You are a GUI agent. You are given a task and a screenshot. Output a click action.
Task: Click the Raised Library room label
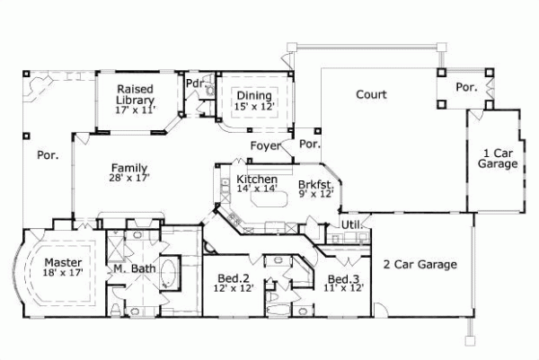[x=136, y=93]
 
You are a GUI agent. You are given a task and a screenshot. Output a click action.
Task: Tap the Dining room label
[x=254, y=95]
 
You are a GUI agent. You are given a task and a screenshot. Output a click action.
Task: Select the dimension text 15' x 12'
[x=254, y=106]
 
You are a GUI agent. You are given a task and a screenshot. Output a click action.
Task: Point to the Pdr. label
[x=194, y=83]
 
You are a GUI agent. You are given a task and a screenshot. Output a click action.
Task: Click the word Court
[x=371, y=94]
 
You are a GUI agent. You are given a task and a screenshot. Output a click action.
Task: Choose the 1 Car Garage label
[x=497, y=159]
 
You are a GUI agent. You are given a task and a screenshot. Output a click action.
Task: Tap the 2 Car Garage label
[x=421, y=265]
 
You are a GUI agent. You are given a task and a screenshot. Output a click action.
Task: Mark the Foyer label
[x=264, y=144]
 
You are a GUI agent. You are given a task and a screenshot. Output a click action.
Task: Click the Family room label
[x=129, y=168]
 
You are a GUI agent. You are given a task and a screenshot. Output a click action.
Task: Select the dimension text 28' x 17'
[x=129, y=179]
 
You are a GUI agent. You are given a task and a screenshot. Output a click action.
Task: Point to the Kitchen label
[x=257, y=180]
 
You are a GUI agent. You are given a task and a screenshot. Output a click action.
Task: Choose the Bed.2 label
[x=234, y=278]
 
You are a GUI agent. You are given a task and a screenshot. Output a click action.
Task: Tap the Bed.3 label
[x=344, y=278]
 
